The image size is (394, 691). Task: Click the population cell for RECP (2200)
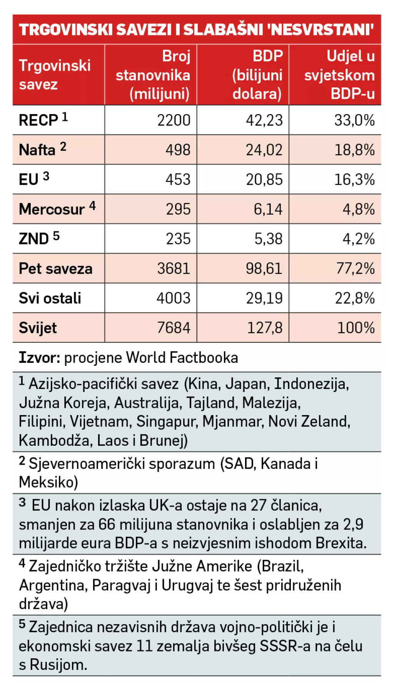click(x=174, y=120)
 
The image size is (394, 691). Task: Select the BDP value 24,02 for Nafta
click(x=264, y=150)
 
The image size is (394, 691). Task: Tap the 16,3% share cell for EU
click(x=354, y=179)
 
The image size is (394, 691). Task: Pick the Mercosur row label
click(x=52, y=209)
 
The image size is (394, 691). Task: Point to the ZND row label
click(x=34, y=239)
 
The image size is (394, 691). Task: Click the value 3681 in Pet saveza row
click(x=174, y=268)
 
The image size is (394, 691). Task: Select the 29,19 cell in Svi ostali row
click(x=264, y=298)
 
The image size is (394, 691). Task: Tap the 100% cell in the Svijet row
click(x=356, y=328)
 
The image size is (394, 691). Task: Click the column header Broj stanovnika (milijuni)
click(x=153, y=75)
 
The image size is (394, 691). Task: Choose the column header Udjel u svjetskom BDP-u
click(x=339, y=75)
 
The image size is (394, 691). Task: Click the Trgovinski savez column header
click(x=55, y=75)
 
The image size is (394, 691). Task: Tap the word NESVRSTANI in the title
click(x=322, y=30)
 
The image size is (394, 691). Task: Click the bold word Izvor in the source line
click(x=39, y=358)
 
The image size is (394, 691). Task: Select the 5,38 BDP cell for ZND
click(x=268, y=239)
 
